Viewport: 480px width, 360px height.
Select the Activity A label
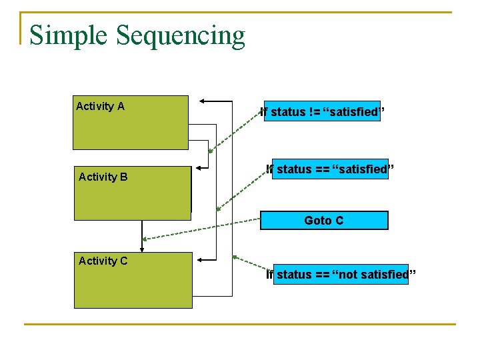[100, 106]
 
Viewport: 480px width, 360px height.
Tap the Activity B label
[103, 177]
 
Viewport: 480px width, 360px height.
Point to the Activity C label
[103, 261]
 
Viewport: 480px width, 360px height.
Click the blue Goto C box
[324, 220]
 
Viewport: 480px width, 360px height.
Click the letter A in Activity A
[121, 106]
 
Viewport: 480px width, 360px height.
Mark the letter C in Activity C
[123, 261]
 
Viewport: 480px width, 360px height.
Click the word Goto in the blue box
[315, 220]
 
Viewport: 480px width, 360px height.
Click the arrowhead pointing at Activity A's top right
[204, 101]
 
